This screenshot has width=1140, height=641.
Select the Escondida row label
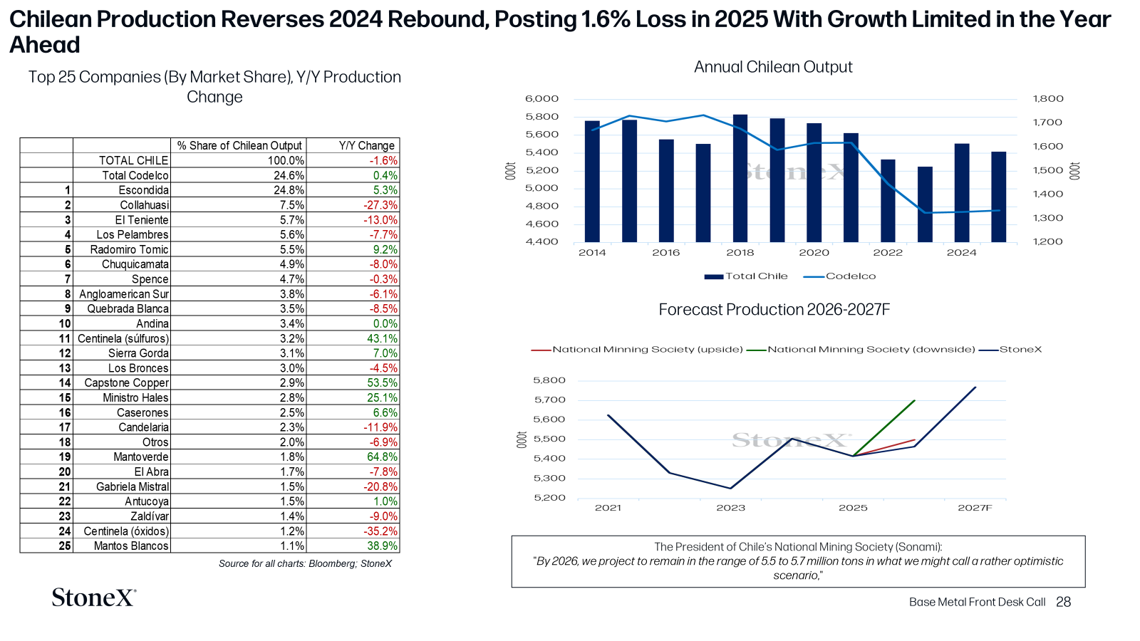coord(143,190)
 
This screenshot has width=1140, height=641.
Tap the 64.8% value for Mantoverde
coord(382,457)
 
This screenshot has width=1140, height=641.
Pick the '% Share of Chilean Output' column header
coord(239,145)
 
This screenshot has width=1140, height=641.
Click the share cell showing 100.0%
coord(286,161)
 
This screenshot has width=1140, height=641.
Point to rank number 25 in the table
coord(65,546)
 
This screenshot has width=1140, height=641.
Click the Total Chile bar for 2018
coord(740,178)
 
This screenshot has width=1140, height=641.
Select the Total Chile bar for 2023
coord(925,204)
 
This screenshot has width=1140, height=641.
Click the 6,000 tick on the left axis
coord(541,99)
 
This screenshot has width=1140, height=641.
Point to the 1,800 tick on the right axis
coord(1048,99)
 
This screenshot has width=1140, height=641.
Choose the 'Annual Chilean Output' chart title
coord(773,67)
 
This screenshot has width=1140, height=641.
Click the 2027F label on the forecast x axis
coord(975,508)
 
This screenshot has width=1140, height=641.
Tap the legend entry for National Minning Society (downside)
coord(861,350)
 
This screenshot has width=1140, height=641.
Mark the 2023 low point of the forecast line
coord(731,489)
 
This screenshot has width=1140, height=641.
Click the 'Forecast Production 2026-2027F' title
coord(774,310)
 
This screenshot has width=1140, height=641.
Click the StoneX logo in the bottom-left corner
coord(94,598)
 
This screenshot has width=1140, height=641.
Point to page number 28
coord(1063,603)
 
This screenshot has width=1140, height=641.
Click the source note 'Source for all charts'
coord(305,563)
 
